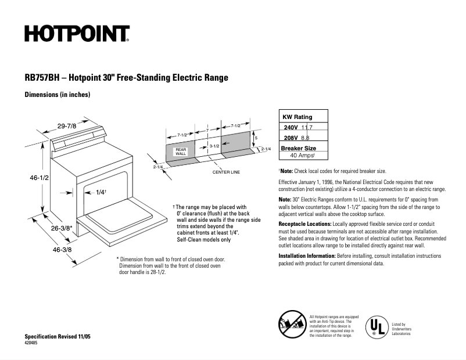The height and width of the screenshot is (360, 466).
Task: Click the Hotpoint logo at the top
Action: (77, 34)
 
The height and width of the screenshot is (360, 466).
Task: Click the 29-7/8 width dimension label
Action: (68, 125)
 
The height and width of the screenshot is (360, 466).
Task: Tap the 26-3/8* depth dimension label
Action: (61, 228)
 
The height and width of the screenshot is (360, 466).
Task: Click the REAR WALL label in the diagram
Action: (181, 151)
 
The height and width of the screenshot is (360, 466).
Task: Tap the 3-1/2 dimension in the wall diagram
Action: (214, 146)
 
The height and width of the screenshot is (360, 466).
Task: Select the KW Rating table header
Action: (297, 117)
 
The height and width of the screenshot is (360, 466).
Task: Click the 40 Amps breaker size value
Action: (302, 156)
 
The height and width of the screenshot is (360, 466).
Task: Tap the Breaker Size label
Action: (298, 148)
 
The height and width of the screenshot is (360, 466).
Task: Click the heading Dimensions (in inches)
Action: (57, 95)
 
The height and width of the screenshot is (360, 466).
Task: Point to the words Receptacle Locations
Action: (305, 224)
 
